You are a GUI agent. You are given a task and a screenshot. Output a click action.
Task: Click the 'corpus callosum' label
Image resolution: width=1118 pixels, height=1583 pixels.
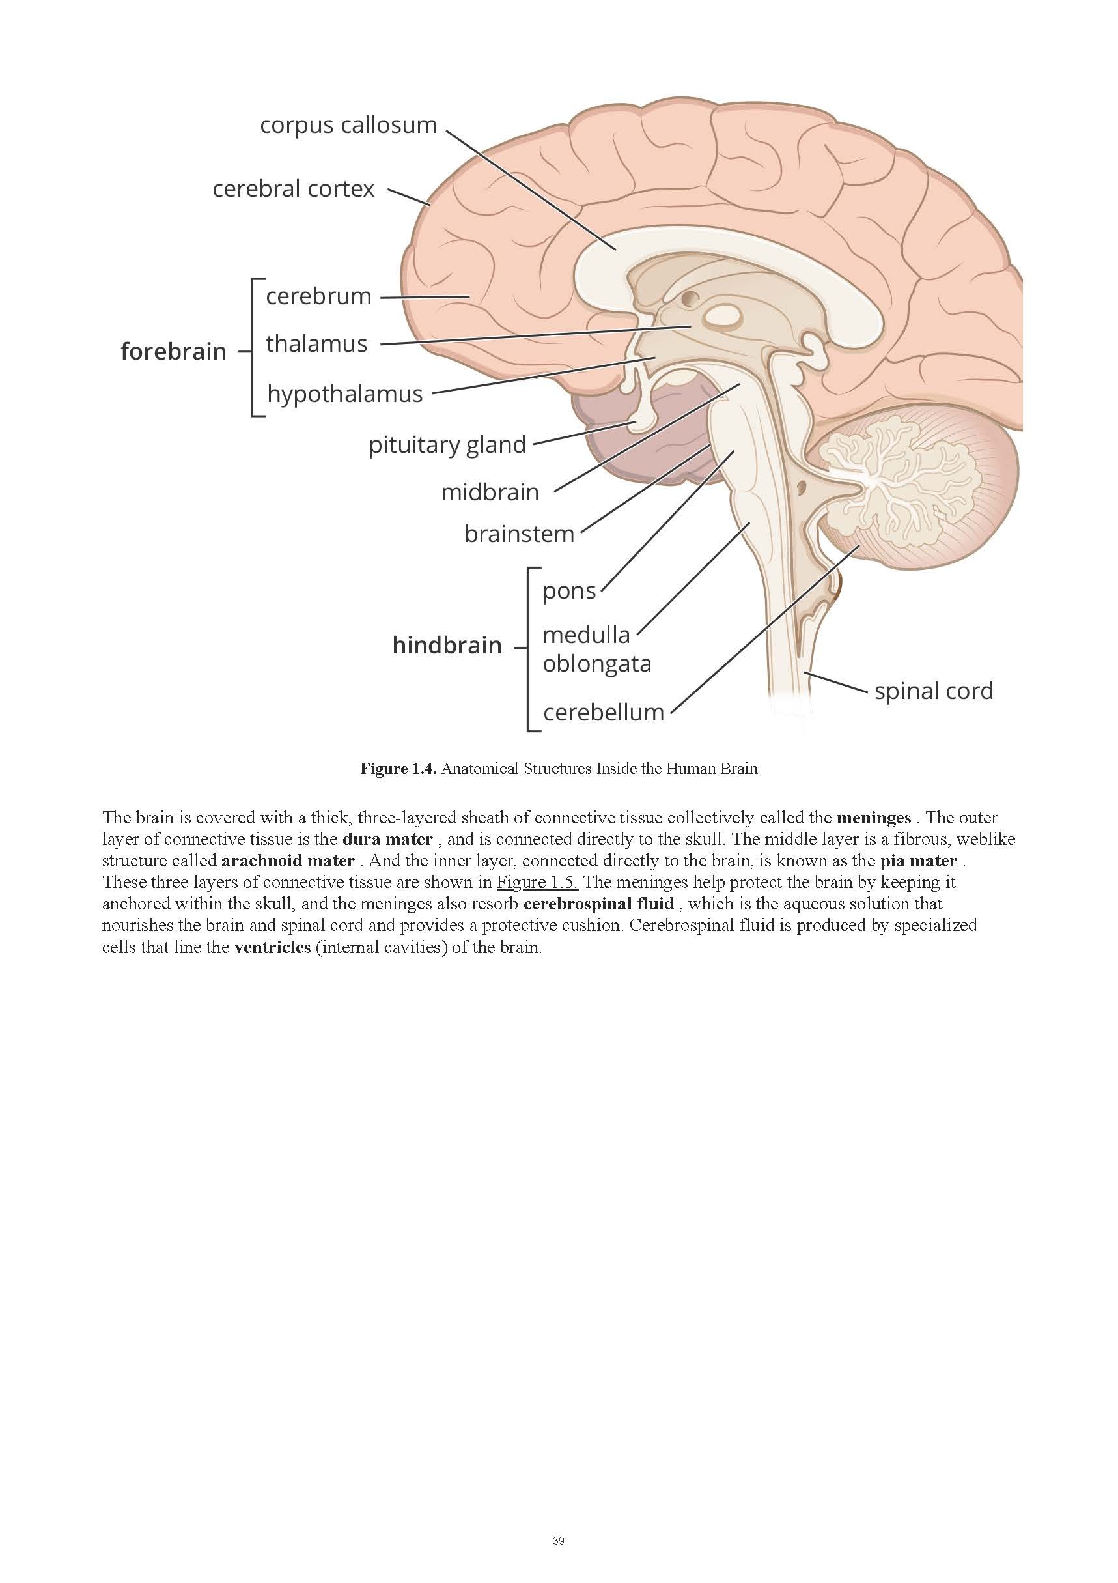click(x=348, y=126)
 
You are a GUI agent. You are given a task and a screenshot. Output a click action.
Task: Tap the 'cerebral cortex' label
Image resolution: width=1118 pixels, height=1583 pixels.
click(x=293, y=189)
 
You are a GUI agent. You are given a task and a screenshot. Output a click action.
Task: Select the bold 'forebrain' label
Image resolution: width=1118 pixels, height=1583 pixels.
click(x=173, y=352)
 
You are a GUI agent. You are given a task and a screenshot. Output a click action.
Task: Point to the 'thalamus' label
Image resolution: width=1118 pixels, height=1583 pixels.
click(x=316, y=343)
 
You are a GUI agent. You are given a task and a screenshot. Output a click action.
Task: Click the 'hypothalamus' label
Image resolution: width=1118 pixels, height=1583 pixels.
click(x=344, y=393)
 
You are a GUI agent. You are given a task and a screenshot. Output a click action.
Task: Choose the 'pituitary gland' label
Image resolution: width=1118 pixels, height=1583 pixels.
click(x=447, y=445)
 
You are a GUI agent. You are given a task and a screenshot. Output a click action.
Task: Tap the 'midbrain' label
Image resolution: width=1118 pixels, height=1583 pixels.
click(x=490, y=492)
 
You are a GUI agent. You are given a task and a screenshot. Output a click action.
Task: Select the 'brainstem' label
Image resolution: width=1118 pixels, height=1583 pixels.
click(x=519, y=534)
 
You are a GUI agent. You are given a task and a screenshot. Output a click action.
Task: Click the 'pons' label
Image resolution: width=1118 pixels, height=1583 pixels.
click(x=568, y=591)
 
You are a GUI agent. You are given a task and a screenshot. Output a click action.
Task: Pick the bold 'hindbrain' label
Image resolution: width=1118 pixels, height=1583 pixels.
click(x=447, y=646)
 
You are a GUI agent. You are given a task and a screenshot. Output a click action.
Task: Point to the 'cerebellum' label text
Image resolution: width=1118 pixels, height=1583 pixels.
click(x=603, y=712)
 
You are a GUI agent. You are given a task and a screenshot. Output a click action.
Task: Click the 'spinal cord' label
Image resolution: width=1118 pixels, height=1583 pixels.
click(x=933, y=691)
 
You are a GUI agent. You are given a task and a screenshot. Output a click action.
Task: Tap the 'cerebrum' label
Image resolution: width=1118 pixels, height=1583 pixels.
click(x=318, y=296)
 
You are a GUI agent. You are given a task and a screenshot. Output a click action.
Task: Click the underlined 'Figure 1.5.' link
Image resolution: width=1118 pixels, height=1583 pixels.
click(x=537, y=882)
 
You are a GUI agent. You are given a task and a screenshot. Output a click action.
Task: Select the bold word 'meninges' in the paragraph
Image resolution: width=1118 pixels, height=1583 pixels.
click(x=873, y=818)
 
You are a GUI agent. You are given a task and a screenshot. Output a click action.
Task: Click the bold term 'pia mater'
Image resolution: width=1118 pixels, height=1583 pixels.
click(x=918, y=861)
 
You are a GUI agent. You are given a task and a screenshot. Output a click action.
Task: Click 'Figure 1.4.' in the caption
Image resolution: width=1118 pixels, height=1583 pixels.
click(x=398, y=769)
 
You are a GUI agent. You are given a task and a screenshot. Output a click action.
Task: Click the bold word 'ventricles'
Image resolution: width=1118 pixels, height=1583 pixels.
click(x=272, y=947)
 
